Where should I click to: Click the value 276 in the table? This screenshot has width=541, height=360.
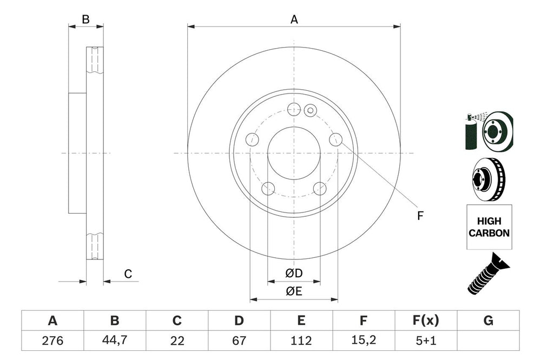click(x=52, y=341)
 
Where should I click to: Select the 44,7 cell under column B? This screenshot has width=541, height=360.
click(x=115, y=341)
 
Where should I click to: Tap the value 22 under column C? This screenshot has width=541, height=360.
click(x=177, y=341)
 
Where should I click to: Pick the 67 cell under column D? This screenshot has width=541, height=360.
click(x=239, y=341)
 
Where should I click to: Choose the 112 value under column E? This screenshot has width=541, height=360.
click(x=301, y=341)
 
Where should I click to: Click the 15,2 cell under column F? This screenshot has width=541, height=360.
click(x=364, y=341)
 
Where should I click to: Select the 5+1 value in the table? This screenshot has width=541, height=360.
click(x=426, y=341)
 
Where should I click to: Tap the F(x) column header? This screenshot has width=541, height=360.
click(x=426, y=321)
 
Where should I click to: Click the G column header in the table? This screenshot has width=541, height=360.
click(x=488, y=321)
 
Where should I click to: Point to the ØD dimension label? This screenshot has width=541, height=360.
click(x=294, y=274)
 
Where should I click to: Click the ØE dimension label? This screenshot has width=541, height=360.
click(x=294, y=291)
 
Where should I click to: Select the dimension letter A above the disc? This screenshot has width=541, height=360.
click(x=294, y=19)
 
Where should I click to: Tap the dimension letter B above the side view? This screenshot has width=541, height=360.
click(x=85, y=19)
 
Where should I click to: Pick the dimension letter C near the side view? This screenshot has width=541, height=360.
click(x=128, y=274)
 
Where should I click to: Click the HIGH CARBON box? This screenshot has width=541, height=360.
click(x=489, y=227)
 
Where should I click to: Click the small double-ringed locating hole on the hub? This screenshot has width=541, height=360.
click(x=310, y=110)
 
